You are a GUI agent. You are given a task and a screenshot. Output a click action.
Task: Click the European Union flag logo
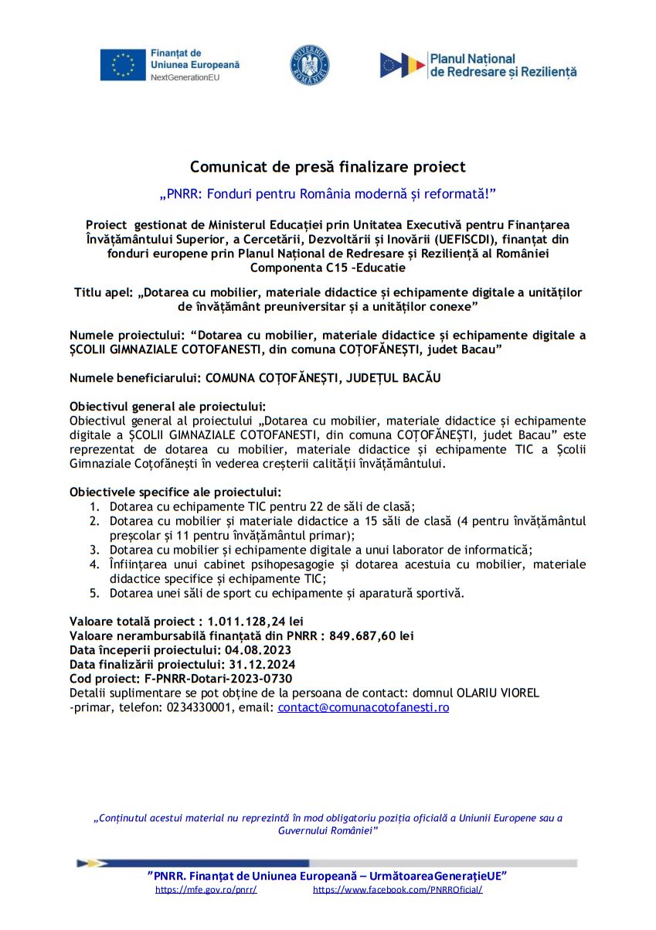pos(122,65)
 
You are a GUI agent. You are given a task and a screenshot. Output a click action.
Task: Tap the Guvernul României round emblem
pos(309,65)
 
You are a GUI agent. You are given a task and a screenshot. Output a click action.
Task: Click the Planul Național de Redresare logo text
pos(502,65)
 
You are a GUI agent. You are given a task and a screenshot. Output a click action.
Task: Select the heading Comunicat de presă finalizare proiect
pos(328,167)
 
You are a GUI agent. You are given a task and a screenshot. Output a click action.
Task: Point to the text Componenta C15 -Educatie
pos(328,267)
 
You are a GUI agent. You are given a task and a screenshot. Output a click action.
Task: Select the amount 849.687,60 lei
pos(371,635)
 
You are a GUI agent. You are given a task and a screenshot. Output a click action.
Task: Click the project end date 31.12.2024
pos(260,664)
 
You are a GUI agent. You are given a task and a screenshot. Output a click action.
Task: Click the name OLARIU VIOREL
pos(497,692)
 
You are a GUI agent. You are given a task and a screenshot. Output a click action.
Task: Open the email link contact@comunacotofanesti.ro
pos(363,707)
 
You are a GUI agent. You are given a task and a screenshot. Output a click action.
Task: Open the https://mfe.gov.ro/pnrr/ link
pos(206,890)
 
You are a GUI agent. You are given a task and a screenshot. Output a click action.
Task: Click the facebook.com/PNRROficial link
pos(397,890)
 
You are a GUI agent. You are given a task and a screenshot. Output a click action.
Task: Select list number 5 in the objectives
pos(93,593)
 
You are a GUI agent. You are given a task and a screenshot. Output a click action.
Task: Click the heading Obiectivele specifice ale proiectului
pos(175,492)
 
